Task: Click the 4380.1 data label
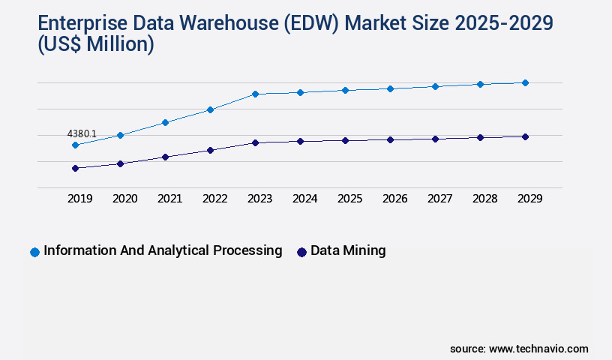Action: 82,133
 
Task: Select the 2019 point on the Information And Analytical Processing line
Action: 75,145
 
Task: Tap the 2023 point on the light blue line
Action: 255,94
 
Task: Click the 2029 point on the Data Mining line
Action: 525,136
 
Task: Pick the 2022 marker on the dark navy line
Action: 210,150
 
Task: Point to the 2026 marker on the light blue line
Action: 390,88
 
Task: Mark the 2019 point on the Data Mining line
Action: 75,168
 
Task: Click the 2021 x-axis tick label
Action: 169,199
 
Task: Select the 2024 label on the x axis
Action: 304,199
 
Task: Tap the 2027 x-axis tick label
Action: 439,199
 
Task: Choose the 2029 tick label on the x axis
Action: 529,199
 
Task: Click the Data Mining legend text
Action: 348,250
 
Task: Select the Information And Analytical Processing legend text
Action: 163,250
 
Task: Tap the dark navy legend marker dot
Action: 301,252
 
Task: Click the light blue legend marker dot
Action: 34,252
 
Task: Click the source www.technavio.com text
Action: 519,349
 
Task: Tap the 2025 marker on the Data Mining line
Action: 345,140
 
